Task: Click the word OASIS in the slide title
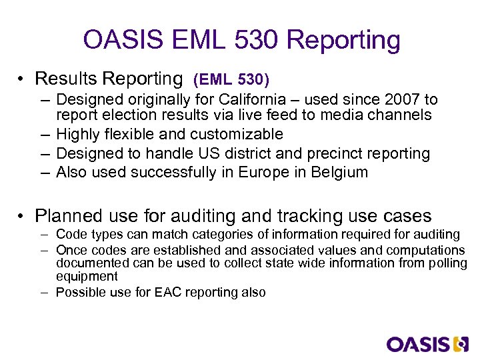pos(123,40)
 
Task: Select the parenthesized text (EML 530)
pos(231,80)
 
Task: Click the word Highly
pos(80,135)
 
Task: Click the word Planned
pos(65,216)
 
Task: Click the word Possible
pos(78,292)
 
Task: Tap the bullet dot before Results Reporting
pos(23,79)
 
